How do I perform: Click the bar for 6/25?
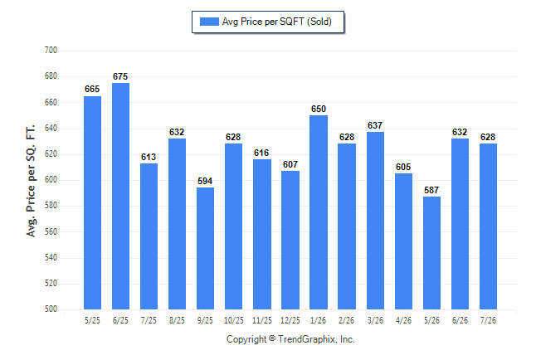point(120,196)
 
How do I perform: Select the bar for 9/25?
point(205,248)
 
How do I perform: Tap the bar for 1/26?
point(319,212)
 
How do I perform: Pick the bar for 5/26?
point(431,253)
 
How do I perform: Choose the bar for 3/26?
point(375,221)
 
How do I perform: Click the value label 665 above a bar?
point(92,89)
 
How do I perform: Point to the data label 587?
point(431,190)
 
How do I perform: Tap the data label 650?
point(319,109)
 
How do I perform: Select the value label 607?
point(290,164)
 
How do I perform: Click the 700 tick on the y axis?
point(51,51)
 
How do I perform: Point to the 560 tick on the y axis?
point(51,231)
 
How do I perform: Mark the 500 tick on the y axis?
point(51,309)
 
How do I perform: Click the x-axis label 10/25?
point(234,320)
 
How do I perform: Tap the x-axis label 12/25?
point(290,320)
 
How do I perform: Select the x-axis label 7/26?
point(488,320)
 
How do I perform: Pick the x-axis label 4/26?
point(404,320)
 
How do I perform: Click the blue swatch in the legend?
point(209,22)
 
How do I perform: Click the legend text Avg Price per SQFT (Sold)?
point(277,22)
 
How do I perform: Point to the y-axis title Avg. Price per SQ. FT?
point(31,181)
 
